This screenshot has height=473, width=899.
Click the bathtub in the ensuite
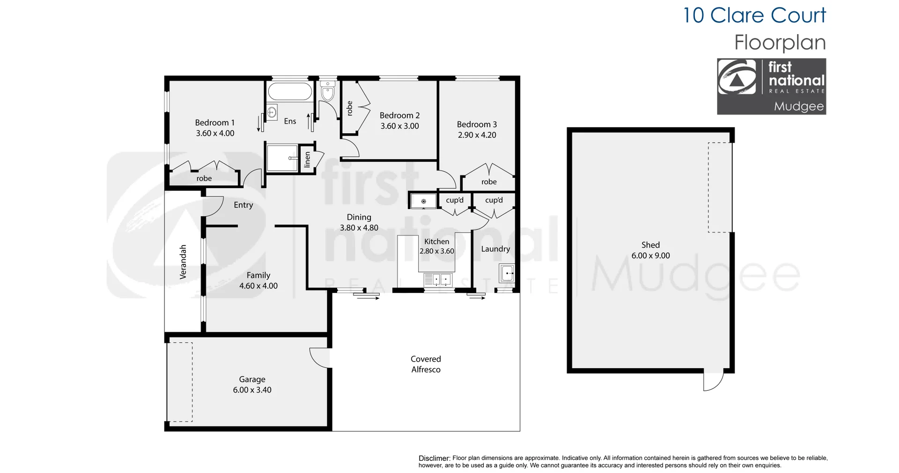point(290,91)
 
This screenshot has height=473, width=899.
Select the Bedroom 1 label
point(214,123)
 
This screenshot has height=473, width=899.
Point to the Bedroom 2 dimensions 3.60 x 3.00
point(399,126)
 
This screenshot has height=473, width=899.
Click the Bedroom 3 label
point(477,124)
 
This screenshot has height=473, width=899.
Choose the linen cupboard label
point(307,160)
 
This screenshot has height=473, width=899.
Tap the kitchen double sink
point(438,280)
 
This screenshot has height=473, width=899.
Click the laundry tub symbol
point(507,273)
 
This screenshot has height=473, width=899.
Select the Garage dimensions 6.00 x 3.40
point(252,390)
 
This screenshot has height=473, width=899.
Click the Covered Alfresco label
point(426,364)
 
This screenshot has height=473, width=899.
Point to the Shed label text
point(650,245)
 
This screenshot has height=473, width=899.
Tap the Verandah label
point(183,262)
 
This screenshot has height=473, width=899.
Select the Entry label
point(243,205)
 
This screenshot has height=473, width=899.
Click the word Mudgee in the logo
point(798,107)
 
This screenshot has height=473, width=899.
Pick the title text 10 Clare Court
point(754,15)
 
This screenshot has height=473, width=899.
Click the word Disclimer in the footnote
point(434,458)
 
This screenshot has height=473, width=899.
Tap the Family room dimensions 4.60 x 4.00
point(258,286)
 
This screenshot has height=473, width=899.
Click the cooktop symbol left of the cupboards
point(423,202)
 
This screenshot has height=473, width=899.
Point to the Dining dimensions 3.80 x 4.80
point(359,228)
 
